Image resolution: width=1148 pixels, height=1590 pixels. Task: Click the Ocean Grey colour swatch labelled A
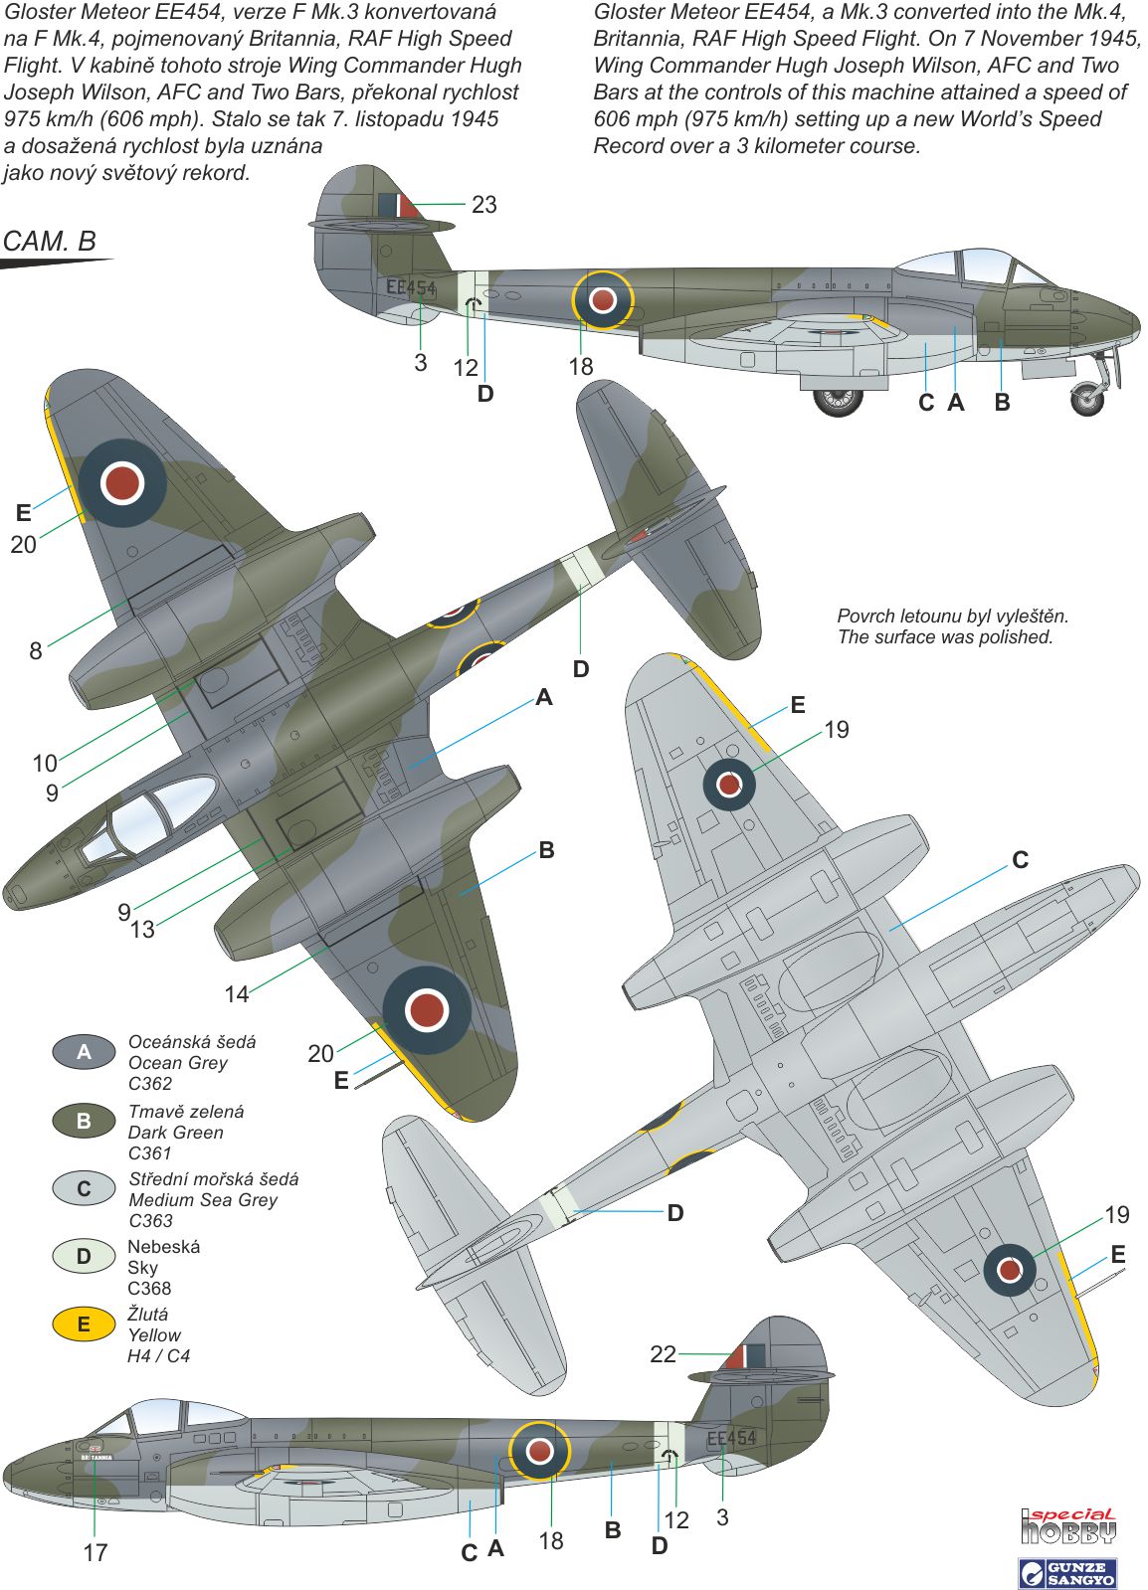[84, 1052]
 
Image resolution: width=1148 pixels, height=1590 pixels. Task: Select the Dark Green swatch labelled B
[84, 1121]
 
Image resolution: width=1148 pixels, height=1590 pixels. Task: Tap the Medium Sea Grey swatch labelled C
[84, 1188]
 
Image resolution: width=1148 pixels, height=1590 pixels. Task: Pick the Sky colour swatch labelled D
[84, 1256]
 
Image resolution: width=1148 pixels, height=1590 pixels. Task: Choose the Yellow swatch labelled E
[84, 1324]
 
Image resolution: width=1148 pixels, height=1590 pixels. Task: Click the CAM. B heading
[50, 242]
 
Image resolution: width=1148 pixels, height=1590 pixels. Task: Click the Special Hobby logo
[1068, 1526]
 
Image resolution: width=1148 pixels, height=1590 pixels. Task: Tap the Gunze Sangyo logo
[1068, 1573]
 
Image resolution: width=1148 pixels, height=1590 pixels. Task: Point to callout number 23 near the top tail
[483, 205]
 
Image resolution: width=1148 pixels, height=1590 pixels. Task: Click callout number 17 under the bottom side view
[96, 1552]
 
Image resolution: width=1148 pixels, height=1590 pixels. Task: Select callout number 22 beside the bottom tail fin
[663, 1354]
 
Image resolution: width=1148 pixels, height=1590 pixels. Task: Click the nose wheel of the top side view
[1087, 400]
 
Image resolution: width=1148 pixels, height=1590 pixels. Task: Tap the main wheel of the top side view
[838, 399]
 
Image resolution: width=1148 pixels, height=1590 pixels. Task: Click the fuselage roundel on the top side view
[602, 299]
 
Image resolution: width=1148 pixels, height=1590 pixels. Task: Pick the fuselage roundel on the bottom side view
[539, 1450]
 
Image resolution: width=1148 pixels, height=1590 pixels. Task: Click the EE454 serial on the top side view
[411, 288]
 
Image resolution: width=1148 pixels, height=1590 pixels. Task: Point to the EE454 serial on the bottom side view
[731, 1438]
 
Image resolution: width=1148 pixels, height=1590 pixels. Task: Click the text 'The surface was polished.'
[944, 637]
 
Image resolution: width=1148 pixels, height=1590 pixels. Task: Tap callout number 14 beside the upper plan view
[236, 993]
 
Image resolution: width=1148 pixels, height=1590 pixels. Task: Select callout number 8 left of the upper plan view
[36, 651]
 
